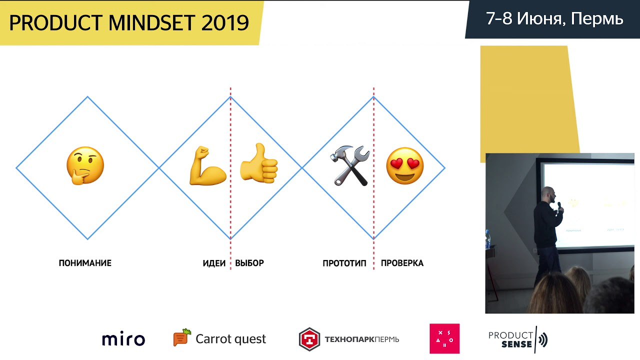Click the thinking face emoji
[x=85, y=165]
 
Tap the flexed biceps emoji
[x=207, y=165]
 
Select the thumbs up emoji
[x=259, y=163]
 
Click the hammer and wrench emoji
[x=349, y=165]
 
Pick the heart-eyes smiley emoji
[x=405, y=165]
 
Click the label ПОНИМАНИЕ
[x=85, y=263]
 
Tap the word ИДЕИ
[x=214, y=263]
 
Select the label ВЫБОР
[x=249, y=263]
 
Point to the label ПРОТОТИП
[x=344, y=263]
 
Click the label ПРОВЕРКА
[x=402, y=263]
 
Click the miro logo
[x=123, y=339]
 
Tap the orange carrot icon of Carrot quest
[x=182, y=337]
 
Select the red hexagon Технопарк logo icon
[x=309, y=339]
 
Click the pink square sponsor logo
[x=444, y=338]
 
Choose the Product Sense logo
[x=518, y=339]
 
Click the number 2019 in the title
[x=225, y=23]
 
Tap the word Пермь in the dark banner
[x=597, y=19]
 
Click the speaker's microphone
[x=559, y=206]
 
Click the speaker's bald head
[x=548, y=194]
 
